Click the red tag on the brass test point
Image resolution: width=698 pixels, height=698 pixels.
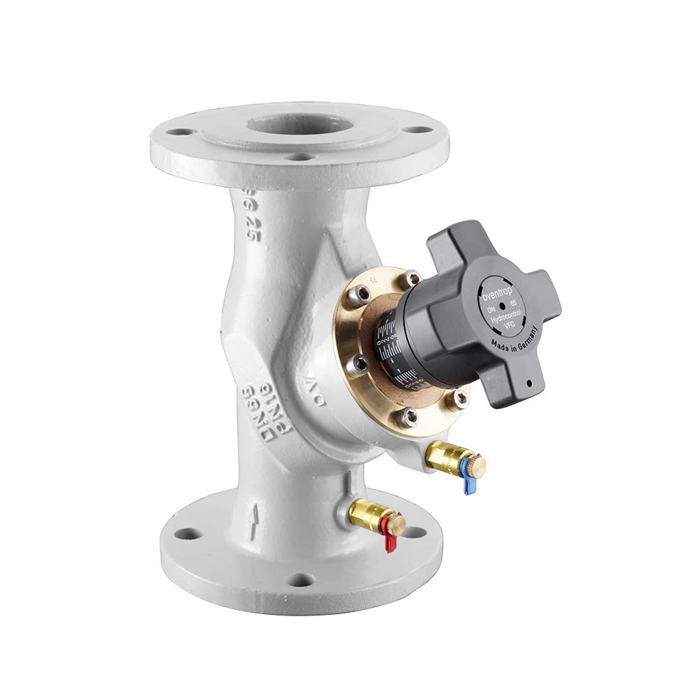pyautogui.click(x=389, y=542)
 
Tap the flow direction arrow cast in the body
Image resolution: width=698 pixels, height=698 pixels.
pyautogui.click(x=256, y=517)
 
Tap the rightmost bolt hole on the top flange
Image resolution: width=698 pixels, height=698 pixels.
pyautogui.click(x=417, y=130)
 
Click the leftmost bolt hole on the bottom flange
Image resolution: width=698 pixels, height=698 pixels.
pyautogui.click(x=185, y=534)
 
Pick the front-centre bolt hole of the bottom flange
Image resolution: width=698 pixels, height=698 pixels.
pyautogui.click(x=300, y=579)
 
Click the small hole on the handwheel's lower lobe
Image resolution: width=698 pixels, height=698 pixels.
pyautogui.click(x=530, y=383)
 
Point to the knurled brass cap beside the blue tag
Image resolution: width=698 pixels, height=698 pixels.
pyautogui.click(x=477, y=464)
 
